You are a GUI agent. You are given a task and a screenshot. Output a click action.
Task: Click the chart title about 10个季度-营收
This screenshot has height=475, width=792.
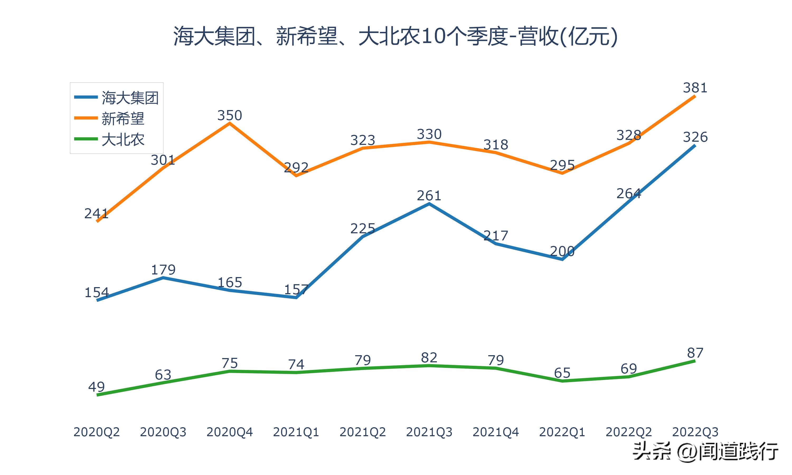395,36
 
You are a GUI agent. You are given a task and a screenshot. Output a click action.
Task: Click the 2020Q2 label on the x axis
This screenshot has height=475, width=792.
96,432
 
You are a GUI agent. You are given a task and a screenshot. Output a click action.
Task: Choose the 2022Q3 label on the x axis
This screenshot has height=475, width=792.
695,432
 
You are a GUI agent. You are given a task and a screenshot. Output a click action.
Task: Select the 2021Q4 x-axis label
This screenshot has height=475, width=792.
496,432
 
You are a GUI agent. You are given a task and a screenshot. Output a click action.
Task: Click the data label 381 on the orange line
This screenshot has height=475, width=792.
695,88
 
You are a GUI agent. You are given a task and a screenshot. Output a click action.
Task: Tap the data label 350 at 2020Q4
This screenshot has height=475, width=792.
229,115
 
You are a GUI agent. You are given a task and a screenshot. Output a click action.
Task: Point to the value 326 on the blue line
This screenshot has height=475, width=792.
695,137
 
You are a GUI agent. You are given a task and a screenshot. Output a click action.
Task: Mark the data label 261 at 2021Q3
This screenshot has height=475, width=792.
429,196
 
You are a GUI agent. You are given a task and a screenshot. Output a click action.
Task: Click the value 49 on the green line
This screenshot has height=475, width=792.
96,387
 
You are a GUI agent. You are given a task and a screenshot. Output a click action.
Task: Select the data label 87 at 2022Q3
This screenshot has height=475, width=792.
695,353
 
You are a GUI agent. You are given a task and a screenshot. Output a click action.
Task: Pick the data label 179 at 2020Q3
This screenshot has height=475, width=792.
163,270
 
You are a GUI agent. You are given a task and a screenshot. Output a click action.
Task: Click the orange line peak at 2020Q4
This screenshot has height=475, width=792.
229,123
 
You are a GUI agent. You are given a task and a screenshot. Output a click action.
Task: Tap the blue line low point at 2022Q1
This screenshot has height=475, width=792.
562,259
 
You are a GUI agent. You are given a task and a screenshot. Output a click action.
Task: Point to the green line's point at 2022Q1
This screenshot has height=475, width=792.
562,381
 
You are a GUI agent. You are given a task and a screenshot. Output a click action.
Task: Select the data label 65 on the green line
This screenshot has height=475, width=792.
562,373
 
